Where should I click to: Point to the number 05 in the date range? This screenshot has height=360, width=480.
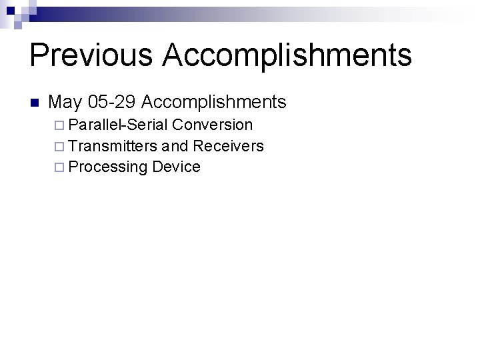[x=98, y=102]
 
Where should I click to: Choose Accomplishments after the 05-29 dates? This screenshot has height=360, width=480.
[x=214, y=102]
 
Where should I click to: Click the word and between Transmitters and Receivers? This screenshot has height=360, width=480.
[x=174, y=145]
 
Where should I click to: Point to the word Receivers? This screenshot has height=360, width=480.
[x=227, y=145]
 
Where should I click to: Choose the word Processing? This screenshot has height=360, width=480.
[x=107, y=167]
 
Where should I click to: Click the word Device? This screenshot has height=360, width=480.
[x=176, y=167]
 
